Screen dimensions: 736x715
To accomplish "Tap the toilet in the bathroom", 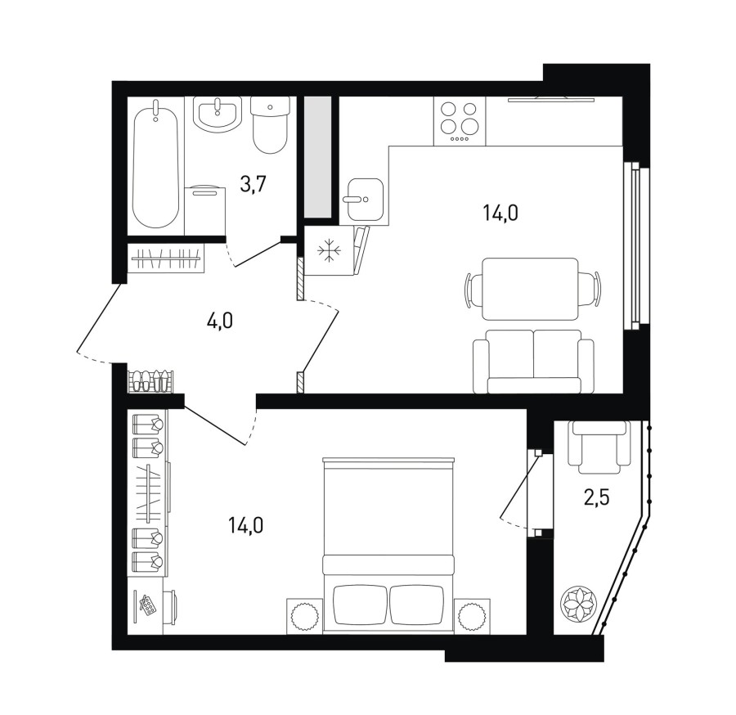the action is coord(270,125).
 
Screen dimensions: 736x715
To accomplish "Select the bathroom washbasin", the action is coord(218,115).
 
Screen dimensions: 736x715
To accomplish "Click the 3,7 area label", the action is coord(253,185).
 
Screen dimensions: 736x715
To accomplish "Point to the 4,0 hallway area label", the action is coord(220,322).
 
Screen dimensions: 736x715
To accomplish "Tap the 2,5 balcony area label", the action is coord(597,497).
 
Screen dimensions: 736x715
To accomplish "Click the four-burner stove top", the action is coord(460,120).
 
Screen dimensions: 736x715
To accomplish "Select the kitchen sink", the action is coord(366,199).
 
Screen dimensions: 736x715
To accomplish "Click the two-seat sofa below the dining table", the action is coord(533,361).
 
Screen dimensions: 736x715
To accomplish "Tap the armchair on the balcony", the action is coord(599,447).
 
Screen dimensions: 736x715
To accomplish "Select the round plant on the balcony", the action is coord(579,602).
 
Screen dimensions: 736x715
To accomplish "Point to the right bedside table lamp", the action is coord(472,615).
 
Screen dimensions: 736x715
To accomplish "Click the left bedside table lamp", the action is coord(305,615).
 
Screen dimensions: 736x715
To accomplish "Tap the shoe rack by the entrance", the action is coord(150,381).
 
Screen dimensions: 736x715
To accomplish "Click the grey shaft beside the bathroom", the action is coord(318,157).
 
